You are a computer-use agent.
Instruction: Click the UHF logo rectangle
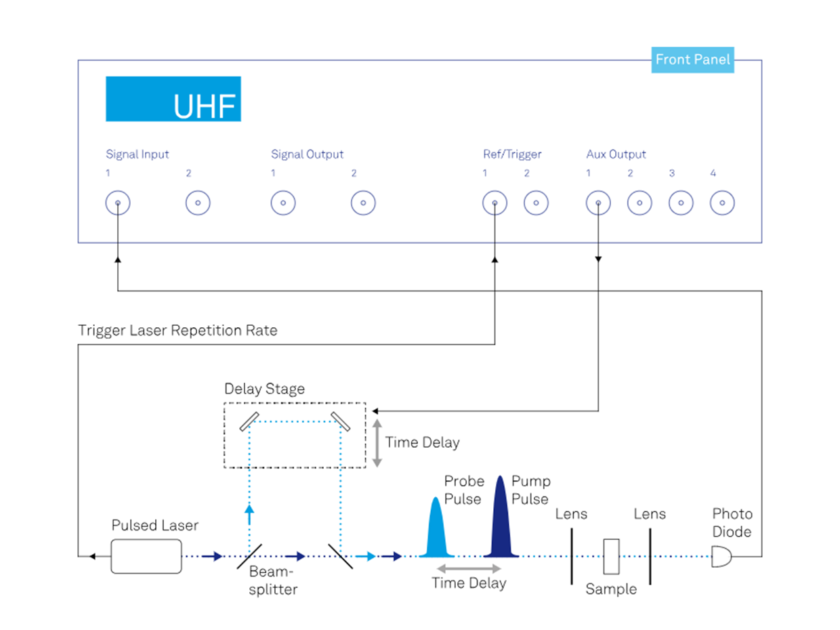(x=173, y=99)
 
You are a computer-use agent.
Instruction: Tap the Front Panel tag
(x=692, y=60)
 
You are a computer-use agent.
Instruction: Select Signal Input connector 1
(x=118, y=203)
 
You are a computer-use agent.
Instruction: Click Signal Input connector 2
(x=198, y=203)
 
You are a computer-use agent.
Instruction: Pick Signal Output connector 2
(x=363, y=203)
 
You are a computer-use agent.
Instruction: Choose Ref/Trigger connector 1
(x=495, y=203)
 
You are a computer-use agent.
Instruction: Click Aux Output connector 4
(x=722, y=203)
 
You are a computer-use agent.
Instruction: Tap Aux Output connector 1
(x=598, y=203)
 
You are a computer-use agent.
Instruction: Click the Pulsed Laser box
(x=146, y=556)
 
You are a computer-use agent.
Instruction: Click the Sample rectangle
(x=612, y=556)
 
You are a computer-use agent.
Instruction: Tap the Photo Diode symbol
(x=721, y=557)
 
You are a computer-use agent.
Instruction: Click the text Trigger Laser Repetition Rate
(x=177, y=331)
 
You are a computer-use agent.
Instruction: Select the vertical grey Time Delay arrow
(x=377, y=442)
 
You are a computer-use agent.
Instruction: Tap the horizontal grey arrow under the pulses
(x=469, y=568)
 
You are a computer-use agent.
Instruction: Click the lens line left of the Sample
(x=571, y=556)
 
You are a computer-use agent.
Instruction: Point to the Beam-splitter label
(x=273, y=581)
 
